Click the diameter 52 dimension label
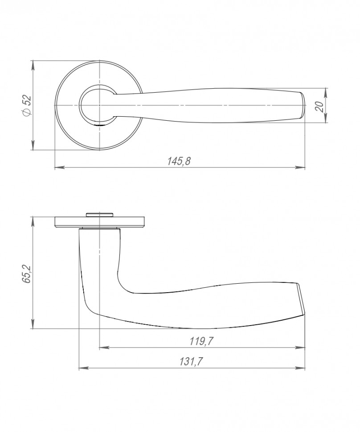(28, 105)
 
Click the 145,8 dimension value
(179, 161)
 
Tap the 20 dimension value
(319, 106)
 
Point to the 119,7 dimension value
(201, 342)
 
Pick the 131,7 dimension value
(191, 362)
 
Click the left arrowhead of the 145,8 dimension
(60, 167)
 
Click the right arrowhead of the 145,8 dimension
(300, 167)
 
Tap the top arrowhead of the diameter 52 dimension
(33, 65)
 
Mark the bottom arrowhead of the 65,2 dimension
(33, 324)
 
